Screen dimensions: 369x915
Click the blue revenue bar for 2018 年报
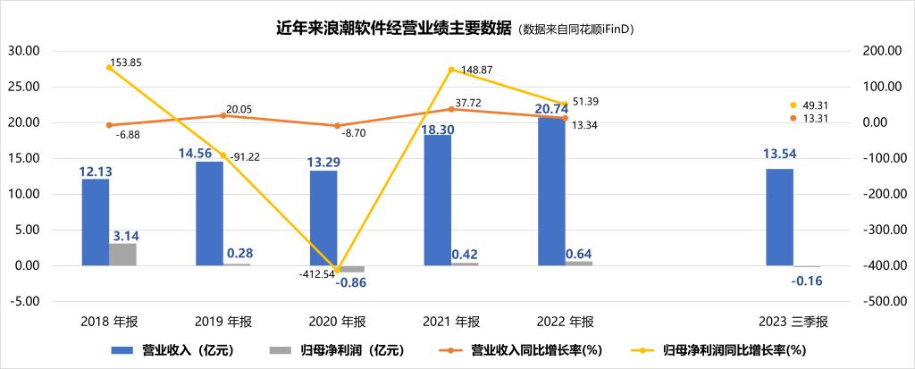95,222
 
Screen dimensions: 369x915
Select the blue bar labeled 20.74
551,191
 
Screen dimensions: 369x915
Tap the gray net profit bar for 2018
122,254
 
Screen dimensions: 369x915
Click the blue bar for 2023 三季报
779,217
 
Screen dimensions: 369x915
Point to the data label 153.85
125,63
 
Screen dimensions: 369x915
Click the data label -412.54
318,273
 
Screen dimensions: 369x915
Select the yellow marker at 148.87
452,70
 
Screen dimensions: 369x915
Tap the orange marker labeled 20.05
223,115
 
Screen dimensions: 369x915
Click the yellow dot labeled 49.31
793,105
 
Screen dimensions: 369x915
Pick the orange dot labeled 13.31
793,118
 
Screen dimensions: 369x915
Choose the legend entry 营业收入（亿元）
175,350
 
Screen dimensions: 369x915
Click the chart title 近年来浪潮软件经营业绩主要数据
393,29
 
